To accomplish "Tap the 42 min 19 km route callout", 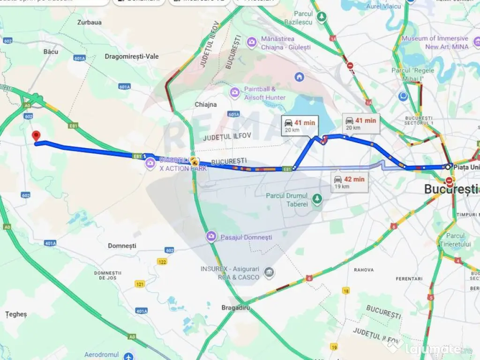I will (349, 182).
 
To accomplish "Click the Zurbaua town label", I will (90, 22).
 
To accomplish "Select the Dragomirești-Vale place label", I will (132, 56).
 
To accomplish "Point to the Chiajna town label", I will (206, 105).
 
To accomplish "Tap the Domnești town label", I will (122, 246).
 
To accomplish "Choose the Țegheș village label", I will (16, 314).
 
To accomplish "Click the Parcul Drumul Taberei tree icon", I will (317, 199).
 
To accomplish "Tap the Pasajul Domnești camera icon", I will (211, 237).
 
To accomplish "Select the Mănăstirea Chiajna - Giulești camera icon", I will (252, 43).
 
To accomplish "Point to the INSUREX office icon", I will (269, 272).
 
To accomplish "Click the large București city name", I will (451, 189).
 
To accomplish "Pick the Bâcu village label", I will (51, 52).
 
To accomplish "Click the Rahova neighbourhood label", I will (364, 270).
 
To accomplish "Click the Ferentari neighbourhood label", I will (409, 279).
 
